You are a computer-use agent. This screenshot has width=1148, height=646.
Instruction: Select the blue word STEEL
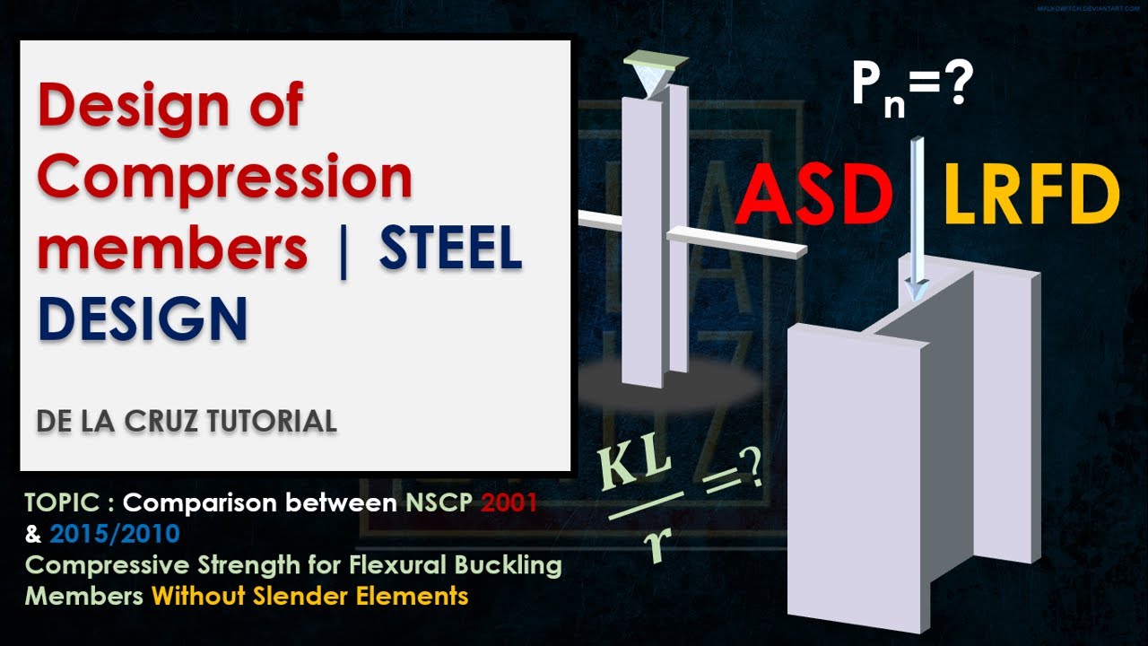click(x=450, y=249)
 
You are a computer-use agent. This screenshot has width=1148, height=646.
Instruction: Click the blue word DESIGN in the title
click(x=143, y=319)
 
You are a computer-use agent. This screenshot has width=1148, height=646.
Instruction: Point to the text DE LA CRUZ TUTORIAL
click(x=187, y=421)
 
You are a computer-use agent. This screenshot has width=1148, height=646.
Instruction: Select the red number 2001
click(x=509, y=502)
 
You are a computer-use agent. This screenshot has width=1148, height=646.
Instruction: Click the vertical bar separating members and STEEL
click(x=342, y=252)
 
